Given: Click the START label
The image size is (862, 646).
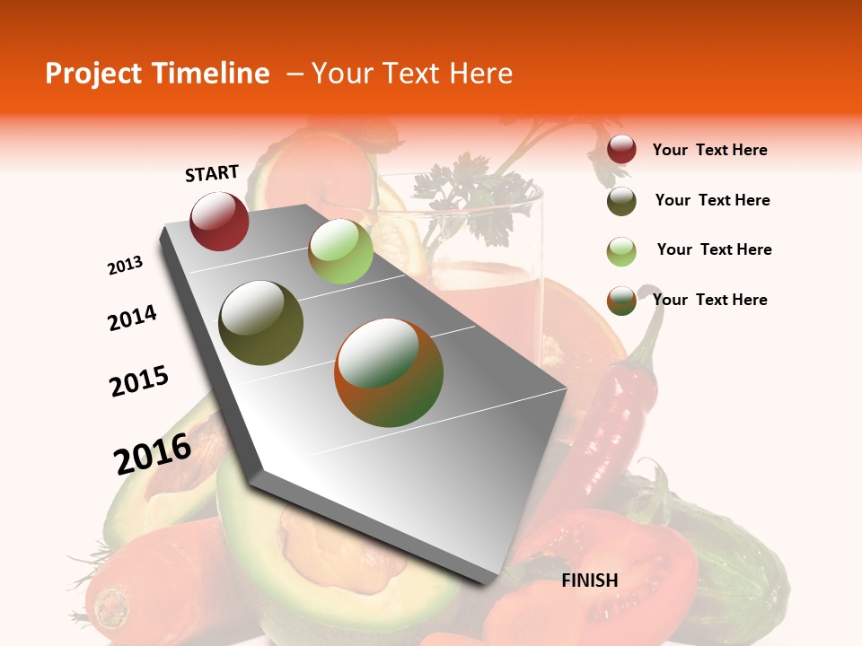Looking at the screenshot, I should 212,173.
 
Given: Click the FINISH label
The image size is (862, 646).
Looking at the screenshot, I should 589,581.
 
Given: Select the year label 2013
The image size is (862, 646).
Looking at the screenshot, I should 125,266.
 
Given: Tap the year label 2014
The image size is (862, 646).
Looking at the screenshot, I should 132,318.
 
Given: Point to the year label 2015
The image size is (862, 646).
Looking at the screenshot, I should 139,381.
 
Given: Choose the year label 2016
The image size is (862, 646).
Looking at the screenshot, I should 153,453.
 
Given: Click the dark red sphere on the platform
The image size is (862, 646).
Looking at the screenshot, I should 219,222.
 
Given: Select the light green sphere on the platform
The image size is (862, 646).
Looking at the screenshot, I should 340,251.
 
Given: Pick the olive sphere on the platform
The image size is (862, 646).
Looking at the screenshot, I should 261,323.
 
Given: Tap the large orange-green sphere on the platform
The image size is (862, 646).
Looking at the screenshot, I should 389,372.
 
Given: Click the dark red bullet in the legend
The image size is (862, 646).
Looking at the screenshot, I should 621,150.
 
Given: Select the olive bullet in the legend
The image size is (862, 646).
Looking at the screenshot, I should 621,201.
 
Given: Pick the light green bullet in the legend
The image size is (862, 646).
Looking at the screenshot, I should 621,251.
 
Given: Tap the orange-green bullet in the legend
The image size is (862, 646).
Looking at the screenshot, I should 621,301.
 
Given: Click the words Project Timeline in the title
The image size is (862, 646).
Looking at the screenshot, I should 157,74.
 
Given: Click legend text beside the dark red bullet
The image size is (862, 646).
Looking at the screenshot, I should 709,150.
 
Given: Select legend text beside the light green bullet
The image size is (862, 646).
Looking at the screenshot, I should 714,249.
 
